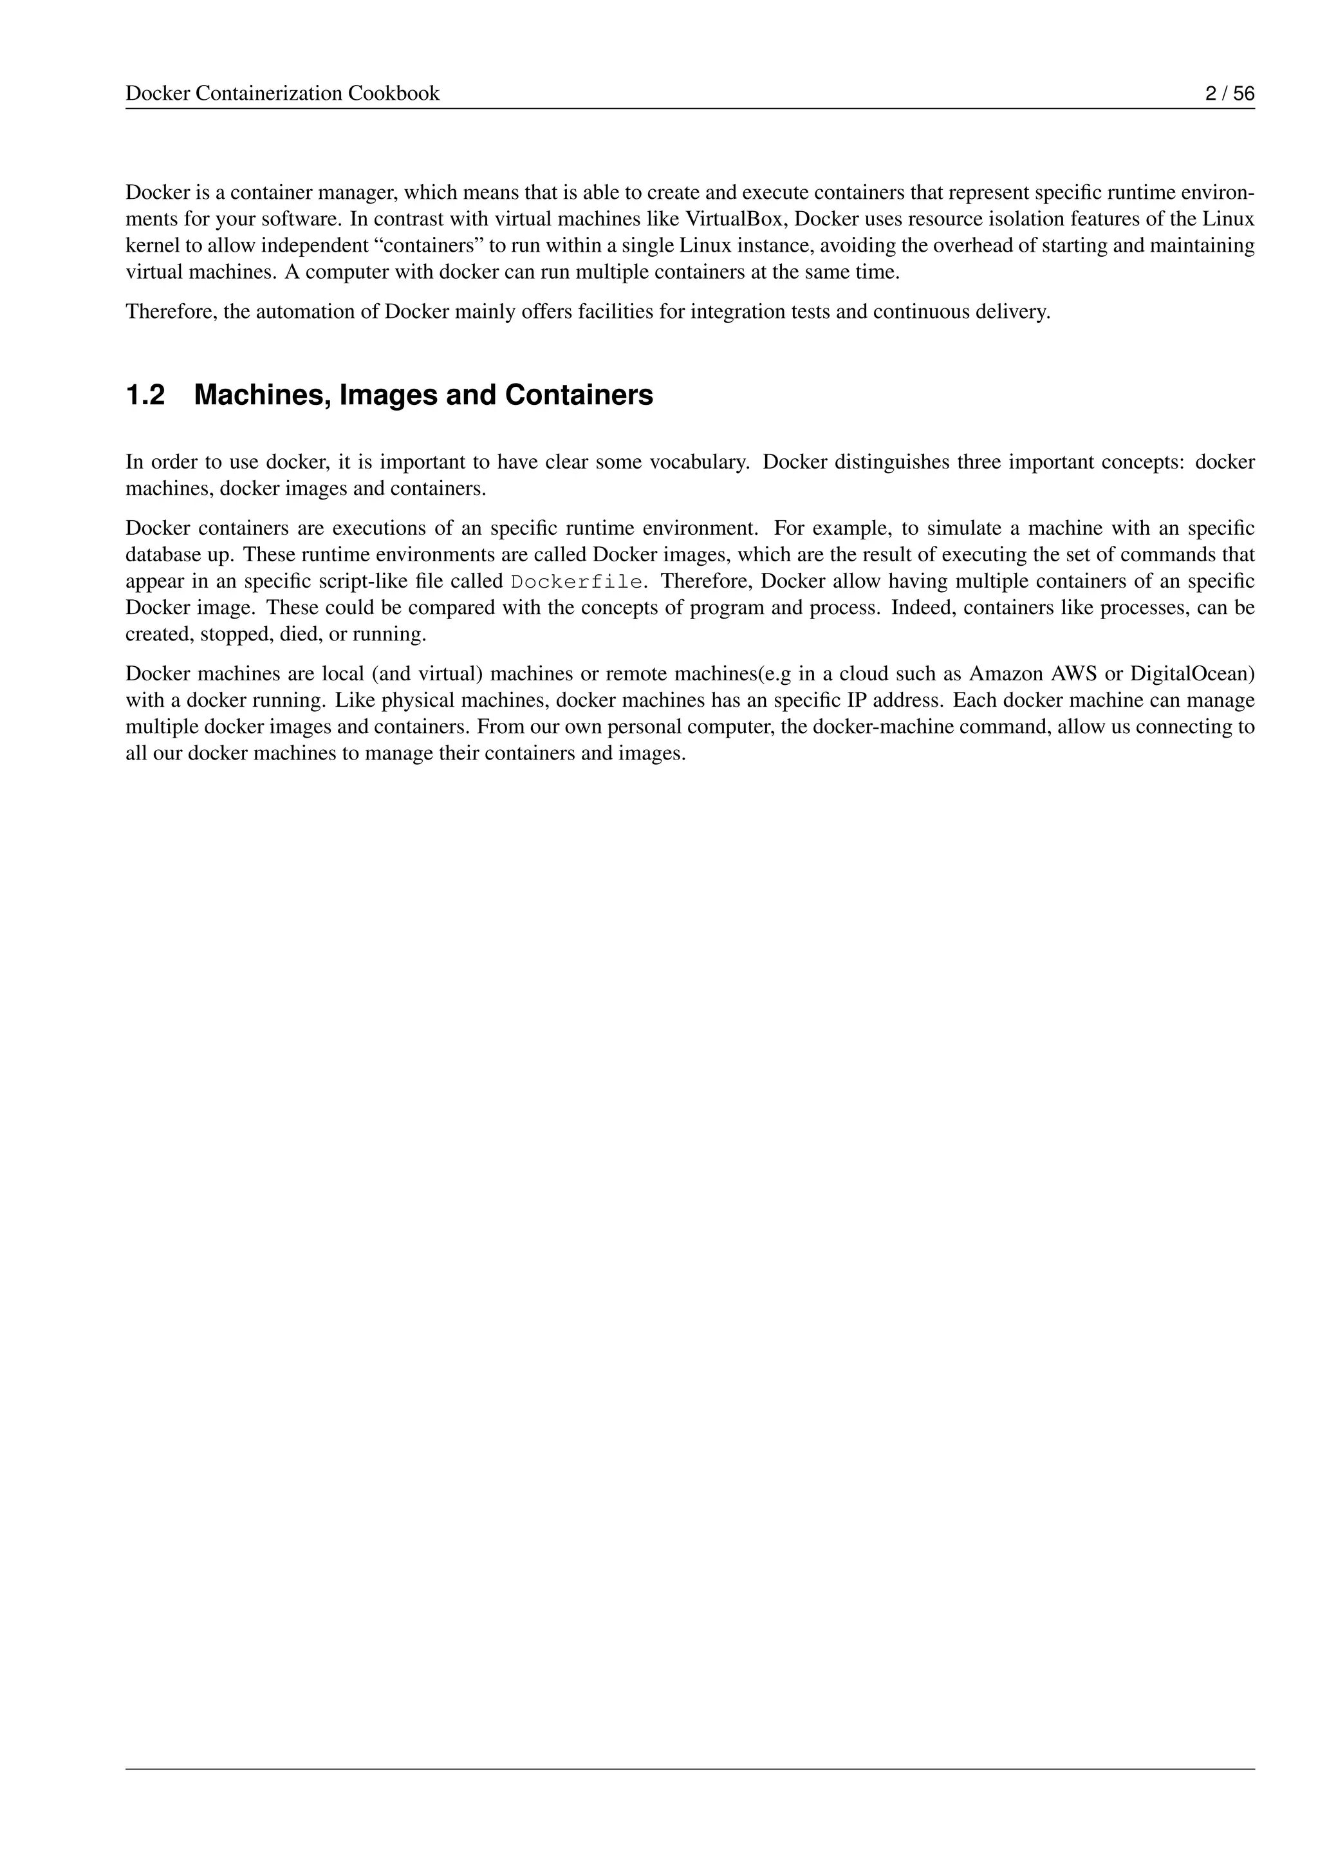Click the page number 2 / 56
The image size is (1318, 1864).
1230,93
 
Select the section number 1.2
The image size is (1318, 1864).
145,395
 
